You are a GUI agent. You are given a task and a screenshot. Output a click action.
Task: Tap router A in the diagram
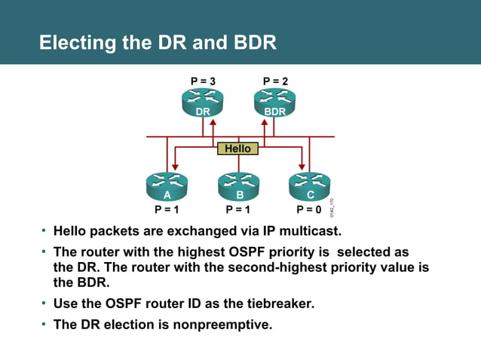[x=167, y=188]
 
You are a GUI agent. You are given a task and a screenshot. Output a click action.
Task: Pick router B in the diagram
[x=238, y=188]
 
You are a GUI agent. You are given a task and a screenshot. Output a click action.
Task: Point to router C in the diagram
[x=310, y=188]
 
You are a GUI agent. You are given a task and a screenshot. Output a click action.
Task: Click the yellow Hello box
[x=237, y=148]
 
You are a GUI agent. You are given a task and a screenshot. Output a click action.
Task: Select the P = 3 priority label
[x=202, y=81]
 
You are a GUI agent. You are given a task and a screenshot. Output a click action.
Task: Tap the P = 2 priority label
[x=274, y=81]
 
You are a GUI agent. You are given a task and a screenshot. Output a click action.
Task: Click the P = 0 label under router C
[x=308, y=209]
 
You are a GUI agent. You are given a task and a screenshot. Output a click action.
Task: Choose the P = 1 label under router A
[x=167, y=209]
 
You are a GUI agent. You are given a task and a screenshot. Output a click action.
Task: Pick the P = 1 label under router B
[x=238, y=209]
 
